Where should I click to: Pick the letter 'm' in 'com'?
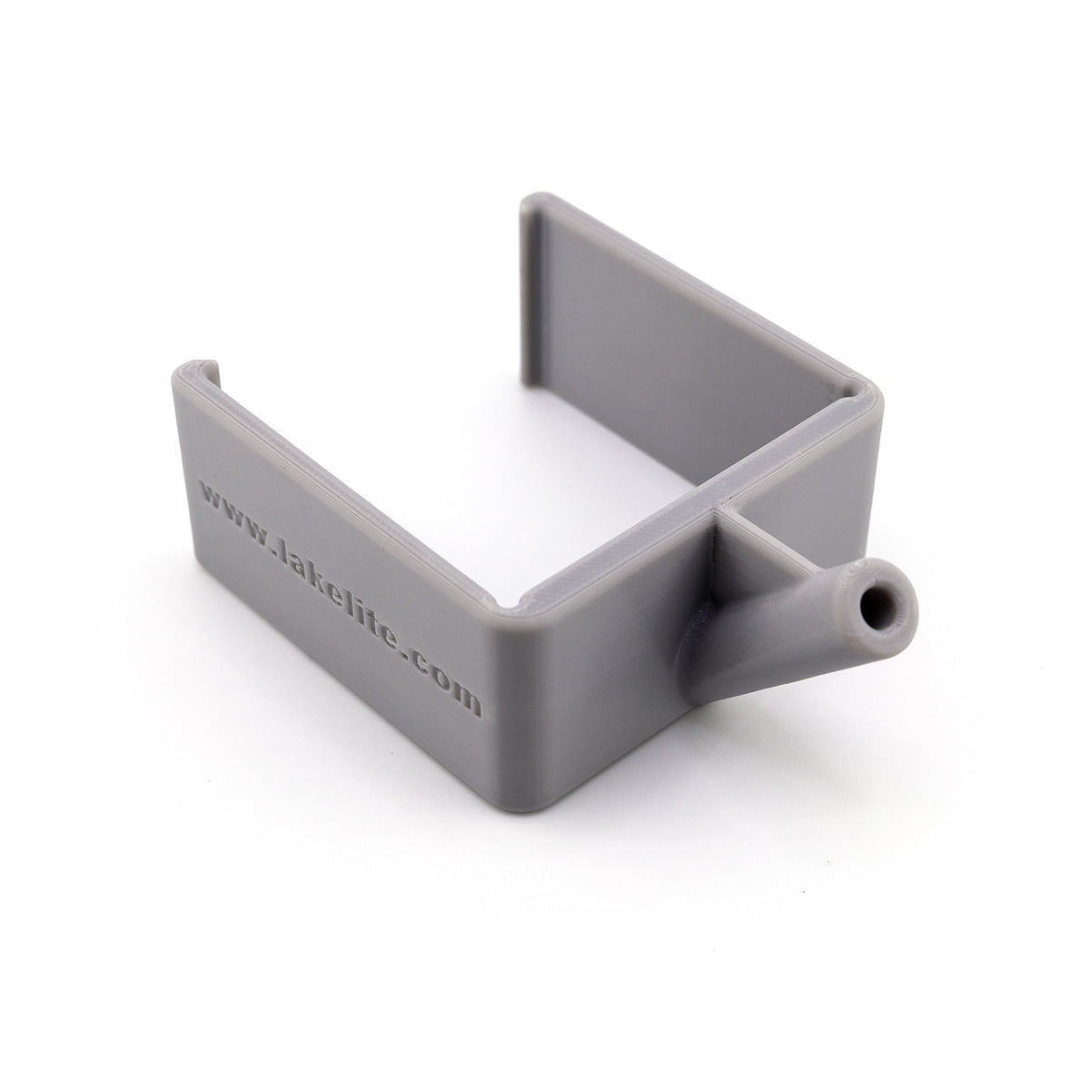click(466, 699)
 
